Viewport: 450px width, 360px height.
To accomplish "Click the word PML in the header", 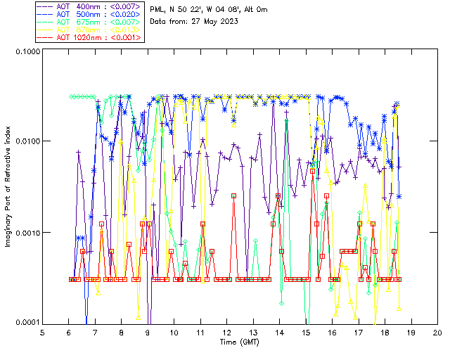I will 158,9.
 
